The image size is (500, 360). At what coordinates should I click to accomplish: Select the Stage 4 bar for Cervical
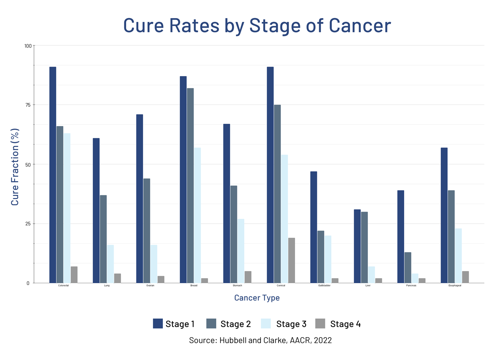point(291,260)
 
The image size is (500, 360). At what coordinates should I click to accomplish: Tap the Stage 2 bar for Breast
point(190,185)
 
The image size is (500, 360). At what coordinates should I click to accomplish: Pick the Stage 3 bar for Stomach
point(241,251)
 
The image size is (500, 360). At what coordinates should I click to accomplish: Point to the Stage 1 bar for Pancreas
point(400,237)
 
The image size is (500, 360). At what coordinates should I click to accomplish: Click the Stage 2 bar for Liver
point(364,247)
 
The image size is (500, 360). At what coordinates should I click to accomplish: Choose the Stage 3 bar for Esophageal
point(458,256)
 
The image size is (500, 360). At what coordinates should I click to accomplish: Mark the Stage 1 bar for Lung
point(96,210)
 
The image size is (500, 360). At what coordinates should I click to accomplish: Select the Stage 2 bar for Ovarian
point(147,231)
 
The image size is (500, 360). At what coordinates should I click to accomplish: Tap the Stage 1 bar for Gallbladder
point(314,227)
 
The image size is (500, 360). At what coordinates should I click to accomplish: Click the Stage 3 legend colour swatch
point(266,324)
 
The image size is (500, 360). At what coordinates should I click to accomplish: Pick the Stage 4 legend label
point(345,324)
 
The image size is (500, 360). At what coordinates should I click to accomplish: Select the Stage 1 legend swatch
point(158,324)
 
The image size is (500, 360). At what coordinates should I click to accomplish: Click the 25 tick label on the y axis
point(27,224)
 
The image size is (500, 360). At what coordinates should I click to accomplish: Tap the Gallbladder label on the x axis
point(324,285)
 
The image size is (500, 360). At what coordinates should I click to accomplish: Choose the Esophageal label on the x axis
point(455,285)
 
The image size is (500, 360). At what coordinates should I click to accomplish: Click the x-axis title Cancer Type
point(257,298)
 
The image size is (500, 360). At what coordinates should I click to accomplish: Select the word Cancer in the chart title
point(359,25)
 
